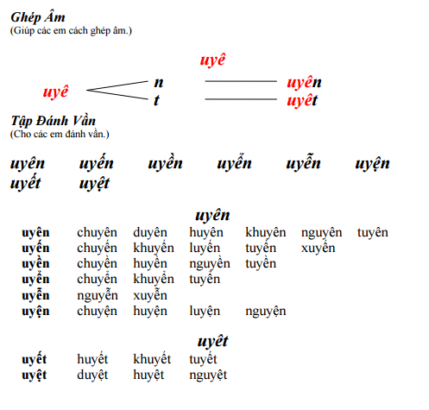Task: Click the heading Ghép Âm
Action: point(38,17)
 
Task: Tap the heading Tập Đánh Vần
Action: point(54,121)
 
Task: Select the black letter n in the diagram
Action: point(159,83)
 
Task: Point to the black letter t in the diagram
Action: point(156,100)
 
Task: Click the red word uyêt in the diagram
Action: point(302,101)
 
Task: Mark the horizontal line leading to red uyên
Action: point(241,81)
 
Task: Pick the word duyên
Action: point(150,233)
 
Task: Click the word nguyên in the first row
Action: point(321,233)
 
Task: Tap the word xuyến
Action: point(318,249)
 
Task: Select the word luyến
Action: point(205,249)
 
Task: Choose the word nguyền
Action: point(210,264)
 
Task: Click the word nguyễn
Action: point(98,296)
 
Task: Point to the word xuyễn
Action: point(150,296)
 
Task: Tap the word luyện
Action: point(205,312)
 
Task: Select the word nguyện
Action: point(266,312)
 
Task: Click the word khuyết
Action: point(152,359)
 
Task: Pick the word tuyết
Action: point(203,359)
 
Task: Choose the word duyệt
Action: point(92,375)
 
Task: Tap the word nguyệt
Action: point(208,375)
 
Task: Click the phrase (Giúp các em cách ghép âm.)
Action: point(71,31)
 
